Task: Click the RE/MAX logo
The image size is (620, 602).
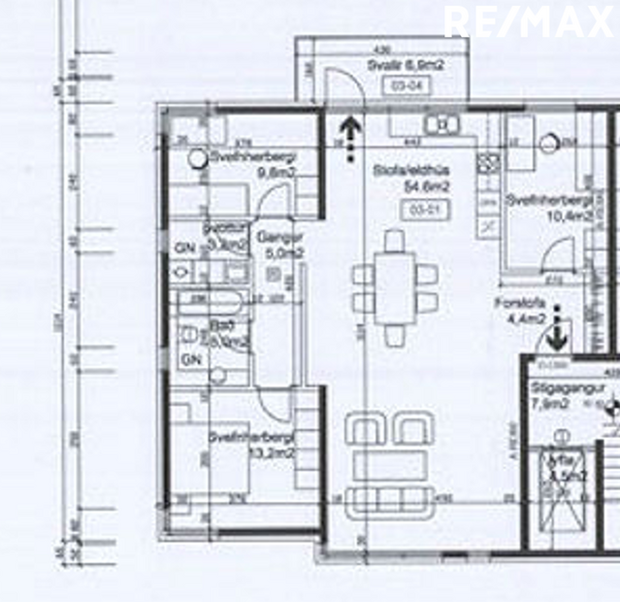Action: [529, 20]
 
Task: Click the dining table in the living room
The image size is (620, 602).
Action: [394, 287]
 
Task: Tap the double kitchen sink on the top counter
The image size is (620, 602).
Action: [441, 124]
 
